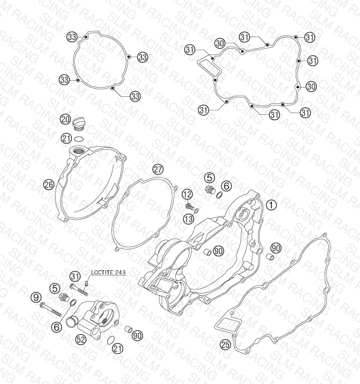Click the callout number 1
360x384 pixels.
tap(271, 205)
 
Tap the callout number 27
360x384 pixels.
tap(158, 169)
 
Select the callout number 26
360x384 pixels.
tap(49, 184)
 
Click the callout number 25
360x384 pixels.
tap(226, 345)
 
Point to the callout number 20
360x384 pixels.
tap(66, 119)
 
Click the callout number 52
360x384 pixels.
tap(81, 339)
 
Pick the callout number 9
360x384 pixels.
tap(36, 298)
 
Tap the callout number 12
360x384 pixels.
tap(187, 195)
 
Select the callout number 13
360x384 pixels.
tap(188, 219)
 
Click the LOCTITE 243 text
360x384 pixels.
tap(108, 272)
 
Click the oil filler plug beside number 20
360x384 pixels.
tap(79, 123)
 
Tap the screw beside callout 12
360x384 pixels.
tap(189, 206)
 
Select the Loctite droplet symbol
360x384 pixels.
tap(86, 284)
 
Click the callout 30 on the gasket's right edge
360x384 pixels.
tap(311, 86)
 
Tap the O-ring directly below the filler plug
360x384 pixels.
tap(79, 139)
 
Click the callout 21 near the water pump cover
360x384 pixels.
tap(118, 349)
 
